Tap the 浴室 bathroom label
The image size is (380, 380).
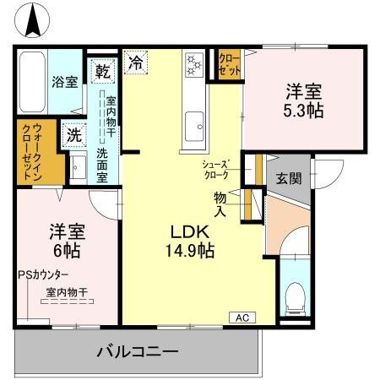tap(65, 82)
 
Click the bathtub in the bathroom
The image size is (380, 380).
tap(32, 81)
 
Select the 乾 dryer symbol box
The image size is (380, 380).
tap(102, 71)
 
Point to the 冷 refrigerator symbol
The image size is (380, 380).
tap(136, 61)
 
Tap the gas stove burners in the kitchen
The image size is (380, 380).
tap(193, 63)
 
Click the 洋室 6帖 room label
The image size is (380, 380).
tap(63, 240)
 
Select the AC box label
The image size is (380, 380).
tap(241, 318)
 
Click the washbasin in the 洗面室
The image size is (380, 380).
tap(79, 166)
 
